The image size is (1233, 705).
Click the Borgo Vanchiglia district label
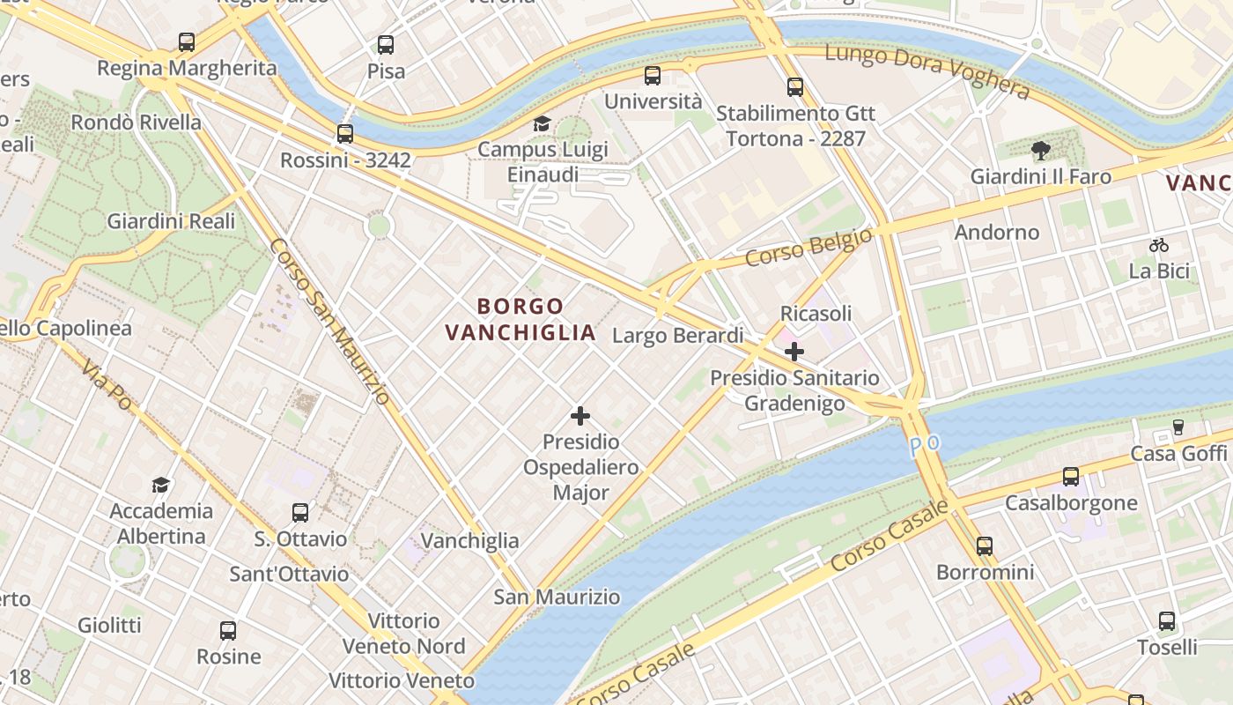click(x=520, y=319)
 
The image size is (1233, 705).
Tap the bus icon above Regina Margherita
click(x=186, y=41)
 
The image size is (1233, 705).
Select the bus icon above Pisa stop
click(x=385, y=44)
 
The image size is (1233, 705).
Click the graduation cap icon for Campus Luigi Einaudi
click(x=542, y=123)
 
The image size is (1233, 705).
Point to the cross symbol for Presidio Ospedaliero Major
click(x=580, y=415)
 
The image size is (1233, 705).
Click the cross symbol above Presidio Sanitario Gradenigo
click(x=794, y=352)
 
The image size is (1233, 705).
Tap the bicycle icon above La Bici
click(x=1159, y=245)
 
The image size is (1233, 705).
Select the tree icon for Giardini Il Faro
click(x=1040, y=150)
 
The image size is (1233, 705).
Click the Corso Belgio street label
click(x=808, y=247)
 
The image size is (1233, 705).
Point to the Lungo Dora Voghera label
click(x=927, y=71)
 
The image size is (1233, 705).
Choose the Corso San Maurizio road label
click(x=329, y=321)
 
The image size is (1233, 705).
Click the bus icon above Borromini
click(x=985, y=546)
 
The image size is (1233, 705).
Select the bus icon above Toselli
click(x=1167, y=620)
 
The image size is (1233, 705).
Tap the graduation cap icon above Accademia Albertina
click(x=160, y=485)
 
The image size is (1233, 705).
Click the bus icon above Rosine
click(x=228, y=630)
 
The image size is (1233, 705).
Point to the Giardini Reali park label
click(x=171, y=221)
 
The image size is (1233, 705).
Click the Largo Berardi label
click(x=677, y=336)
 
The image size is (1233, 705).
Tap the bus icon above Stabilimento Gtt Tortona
click(x=795, y=86)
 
